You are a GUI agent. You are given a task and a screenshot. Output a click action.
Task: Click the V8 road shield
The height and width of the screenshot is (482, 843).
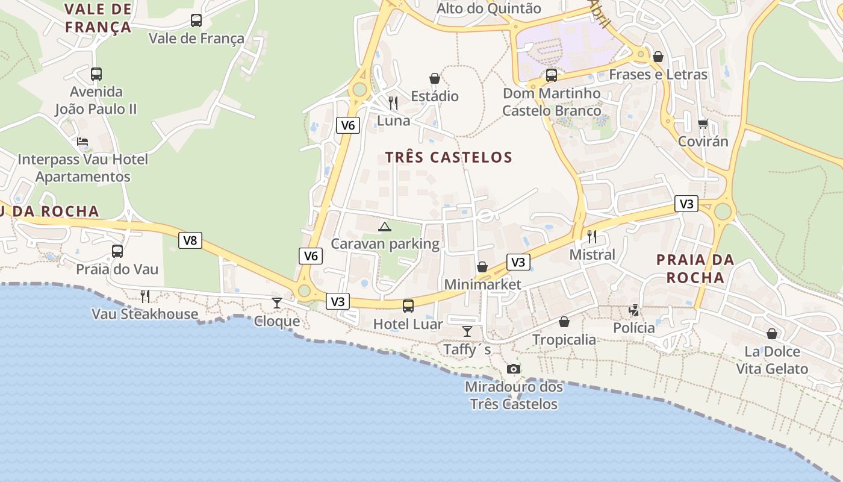point(190,240)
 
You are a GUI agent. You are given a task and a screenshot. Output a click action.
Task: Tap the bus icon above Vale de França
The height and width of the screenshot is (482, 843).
point(196,20)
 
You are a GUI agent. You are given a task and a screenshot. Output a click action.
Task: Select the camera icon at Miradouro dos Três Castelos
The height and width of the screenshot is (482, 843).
point(513,369)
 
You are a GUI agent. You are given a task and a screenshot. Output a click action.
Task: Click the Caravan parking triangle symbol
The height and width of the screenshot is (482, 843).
point(384,227)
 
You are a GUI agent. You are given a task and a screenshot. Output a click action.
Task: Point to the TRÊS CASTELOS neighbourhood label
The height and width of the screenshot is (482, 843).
point(449,158)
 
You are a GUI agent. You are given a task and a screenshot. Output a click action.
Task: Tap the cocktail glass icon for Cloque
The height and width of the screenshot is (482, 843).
point(276,302)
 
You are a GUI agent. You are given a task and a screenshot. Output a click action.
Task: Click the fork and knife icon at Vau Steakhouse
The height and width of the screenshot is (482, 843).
point(145,296)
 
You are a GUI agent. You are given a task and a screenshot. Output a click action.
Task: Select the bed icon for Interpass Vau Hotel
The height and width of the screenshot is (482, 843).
point(82,142)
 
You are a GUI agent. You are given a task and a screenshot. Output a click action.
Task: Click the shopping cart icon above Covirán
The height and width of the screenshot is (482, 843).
point(703,124)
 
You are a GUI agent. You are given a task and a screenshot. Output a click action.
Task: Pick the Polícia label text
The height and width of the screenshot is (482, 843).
point(633,328)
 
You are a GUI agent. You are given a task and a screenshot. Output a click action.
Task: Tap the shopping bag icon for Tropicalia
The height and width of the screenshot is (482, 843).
point(564,322)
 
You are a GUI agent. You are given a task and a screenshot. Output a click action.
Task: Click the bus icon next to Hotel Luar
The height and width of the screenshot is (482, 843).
point(408,305)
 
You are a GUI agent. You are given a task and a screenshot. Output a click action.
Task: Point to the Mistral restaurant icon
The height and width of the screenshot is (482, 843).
point(592,236)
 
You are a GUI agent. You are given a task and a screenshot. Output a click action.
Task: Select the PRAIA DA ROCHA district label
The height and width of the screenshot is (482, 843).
point(695,269)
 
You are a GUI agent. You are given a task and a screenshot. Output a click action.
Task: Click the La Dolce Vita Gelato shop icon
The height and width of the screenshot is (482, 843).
point(772,334)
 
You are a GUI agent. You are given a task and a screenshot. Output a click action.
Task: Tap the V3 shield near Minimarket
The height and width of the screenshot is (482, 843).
point(518,262)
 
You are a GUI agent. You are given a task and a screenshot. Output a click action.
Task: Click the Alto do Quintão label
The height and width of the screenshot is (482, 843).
point(488,8)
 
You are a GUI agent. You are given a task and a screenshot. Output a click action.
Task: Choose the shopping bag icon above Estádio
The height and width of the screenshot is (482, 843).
point(435,78)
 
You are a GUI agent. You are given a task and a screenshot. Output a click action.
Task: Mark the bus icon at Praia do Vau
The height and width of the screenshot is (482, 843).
point(117,251)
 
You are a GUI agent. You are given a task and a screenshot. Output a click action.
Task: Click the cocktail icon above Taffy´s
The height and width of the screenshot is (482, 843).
point(467,331)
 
